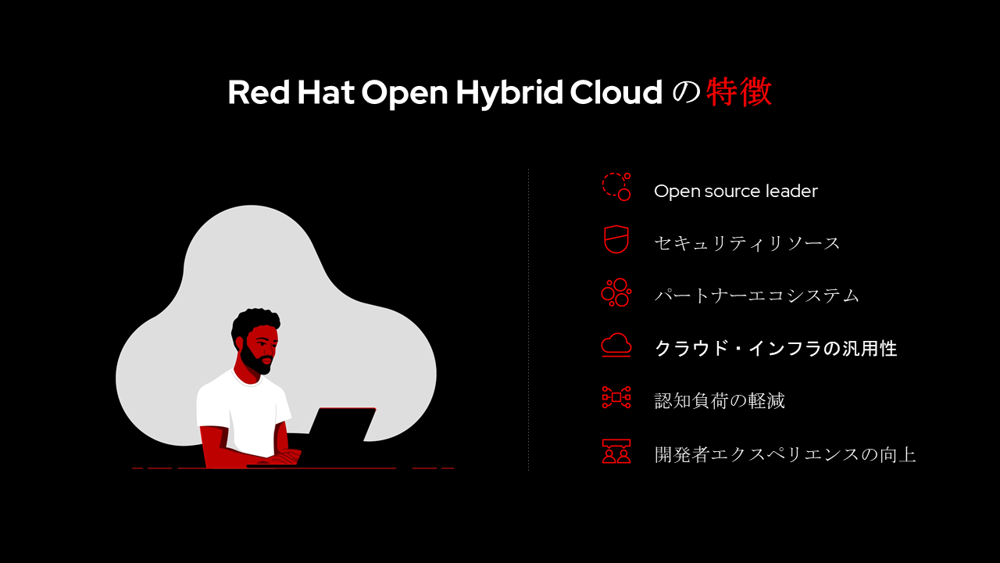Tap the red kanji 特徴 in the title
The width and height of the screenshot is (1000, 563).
739,91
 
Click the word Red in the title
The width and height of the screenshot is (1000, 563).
259,92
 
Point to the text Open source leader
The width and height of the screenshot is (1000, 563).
736,191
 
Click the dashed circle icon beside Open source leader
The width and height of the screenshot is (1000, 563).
616,186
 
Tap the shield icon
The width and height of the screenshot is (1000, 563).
616,239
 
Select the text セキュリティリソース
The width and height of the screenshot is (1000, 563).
747,243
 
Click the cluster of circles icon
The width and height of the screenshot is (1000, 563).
616,292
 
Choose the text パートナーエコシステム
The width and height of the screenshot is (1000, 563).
757,296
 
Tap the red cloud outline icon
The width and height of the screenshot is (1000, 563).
616,345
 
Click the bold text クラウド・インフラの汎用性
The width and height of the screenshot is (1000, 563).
776,348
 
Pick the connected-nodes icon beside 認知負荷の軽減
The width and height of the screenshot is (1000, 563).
616,397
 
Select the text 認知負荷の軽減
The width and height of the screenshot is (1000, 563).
720,401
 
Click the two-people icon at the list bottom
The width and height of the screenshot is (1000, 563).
616,451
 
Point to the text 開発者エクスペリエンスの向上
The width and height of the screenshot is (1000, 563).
785,454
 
